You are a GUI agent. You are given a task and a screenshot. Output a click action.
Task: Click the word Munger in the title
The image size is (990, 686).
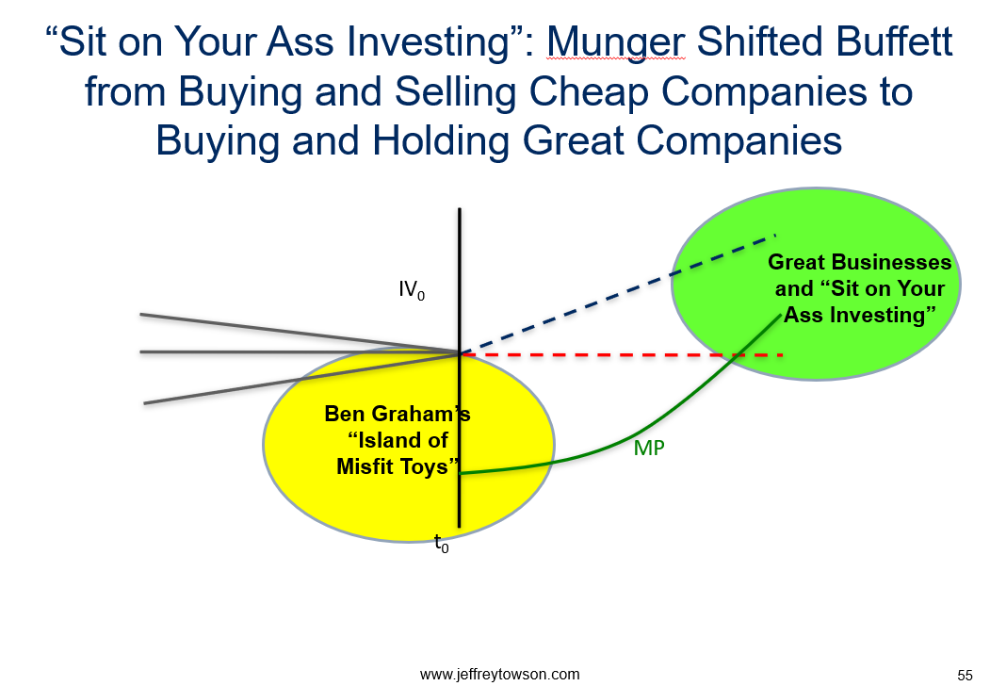point(616,43)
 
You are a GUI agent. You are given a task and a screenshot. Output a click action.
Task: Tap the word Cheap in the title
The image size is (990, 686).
point(589,92)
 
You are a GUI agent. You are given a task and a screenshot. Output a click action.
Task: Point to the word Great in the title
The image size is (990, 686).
point(574,140)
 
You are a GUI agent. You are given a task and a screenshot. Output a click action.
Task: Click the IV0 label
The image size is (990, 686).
point(412,290)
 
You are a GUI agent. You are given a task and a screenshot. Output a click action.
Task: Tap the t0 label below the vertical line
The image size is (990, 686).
point(442,543)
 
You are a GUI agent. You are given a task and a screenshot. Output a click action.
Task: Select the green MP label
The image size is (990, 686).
point(649,448)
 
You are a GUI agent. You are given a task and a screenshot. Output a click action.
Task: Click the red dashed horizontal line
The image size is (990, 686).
point(622,355)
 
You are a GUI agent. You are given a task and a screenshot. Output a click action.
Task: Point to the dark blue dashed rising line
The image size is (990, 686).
point(618,294)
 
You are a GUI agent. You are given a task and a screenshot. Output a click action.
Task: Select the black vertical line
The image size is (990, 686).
point(460,367)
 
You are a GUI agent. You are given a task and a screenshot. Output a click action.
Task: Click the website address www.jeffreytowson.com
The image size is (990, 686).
point(500,674)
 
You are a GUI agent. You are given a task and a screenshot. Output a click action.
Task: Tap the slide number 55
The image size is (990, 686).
point(965,675)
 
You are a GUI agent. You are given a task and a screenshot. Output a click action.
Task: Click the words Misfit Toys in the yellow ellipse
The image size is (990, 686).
point(398,466)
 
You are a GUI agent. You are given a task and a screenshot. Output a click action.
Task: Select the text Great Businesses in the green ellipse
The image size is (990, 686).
point(859,262)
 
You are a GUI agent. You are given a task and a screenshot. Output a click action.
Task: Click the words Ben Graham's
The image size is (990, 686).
point(398,414)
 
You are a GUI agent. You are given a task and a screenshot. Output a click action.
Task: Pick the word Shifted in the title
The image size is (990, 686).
point(759,41)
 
